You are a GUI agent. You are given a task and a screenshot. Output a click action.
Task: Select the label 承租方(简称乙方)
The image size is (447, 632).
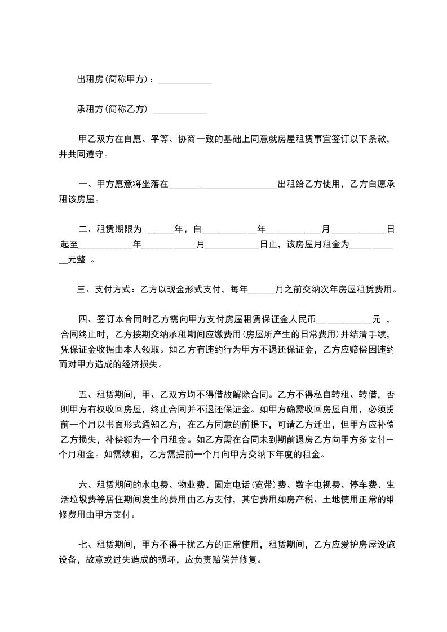112,109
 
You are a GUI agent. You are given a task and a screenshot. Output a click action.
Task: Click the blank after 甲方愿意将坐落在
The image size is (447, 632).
223,186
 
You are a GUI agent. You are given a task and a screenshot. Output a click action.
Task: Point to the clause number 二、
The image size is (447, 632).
86,229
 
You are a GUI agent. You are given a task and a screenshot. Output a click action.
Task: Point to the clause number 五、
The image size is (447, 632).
86,394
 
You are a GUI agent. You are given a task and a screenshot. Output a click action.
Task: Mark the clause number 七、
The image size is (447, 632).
86,544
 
